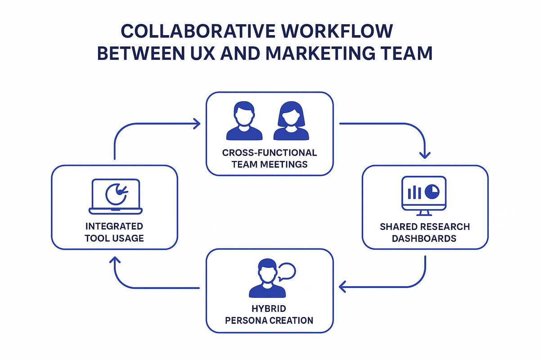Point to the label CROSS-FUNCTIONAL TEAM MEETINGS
click(270, 158)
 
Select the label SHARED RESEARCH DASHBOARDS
click(425, 232)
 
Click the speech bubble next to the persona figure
click(287, 272)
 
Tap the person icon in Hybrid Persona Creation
click(267, 279)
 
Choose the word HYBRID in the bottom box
click(270, 310)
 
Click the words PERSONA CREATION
click(270, 321)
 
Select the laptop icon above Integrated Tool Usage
click(116, 197)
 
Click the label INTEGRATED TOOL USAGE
click(114, 232)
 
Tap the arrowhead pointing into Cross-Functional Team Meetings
click(197, 124)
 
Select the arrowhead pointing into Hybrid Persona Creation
click(342, 286)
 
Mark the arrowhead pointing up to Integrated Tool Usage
click(115, 260)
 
